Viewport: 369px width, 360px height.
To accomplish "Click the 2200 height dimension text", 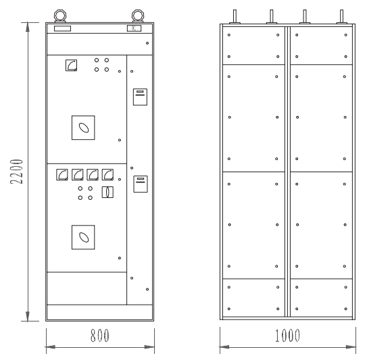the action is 17,172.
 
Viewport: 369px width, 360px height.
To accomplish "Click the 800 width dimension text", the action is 100,335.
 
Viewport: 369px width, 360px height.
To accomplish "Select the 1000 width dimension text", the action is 288,335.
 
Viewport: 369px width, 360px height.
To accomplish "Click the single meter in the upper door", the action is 72,66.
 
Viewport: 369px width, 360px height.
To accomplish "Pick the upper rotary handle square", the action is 83,128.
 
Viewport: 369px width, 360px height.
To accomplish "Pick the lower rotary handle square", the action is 83,237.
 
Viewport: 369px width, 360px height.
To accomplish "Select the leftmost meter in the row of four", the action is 62,175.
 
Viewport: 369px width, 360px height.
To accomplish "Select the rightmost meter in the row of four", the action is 107,175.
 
